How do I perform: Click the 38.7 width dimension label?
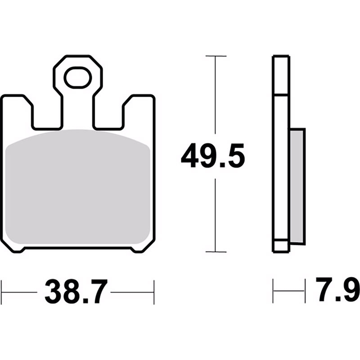pyautogui.click(x=76, y=292)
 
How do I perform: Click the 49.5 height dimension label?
pyautogui.click(x=213, y=156)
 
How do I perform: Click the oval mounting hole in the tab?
pyautogui.click(x=77, y=77)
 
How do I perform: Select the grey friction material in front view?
pyautogui.click(x=77, y=187)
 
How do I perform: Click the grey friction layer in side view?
pyautogui.click(x=297, y=185)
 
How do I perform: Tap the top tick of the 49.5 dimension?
pyautogui.click(x=216, y=56)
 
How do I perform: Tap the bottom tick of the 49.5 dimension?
pyautogui.click(x=216, y=252)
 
